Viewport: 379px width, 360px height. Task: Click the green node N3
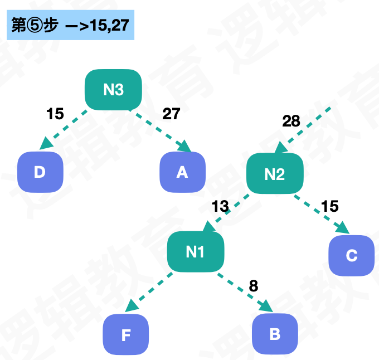coord(113,89)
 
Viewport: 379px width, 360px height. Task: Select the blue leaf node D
coord(40,172)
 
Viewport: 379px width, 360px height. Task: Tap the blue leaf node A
coord(182,172)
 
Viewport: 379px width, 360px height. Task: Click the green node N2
coord(275,174)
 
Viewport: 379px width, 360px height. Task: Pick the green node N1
coord(195,252)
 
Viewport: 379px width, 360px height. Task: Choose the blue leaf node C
coord(351,255)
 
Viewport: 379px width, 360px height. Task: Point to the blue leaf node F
coord(126,334)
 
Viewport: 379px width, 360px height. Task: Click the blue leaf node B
coord(275,334)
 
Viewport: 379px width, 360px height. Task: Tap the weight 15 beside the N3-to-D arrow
coord(55,114)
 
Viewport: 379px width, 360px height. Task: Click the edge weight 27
coord(171,114)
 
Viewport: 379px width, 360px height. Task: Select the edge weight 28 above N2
coord(291,121)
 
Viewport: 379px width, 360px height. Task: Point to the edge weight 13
coord(220,207)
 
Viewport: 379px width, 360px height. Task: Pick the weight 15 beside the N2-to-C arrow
coord(330,207)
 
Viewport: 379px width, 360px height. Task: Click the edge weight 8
coord(254,286)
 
